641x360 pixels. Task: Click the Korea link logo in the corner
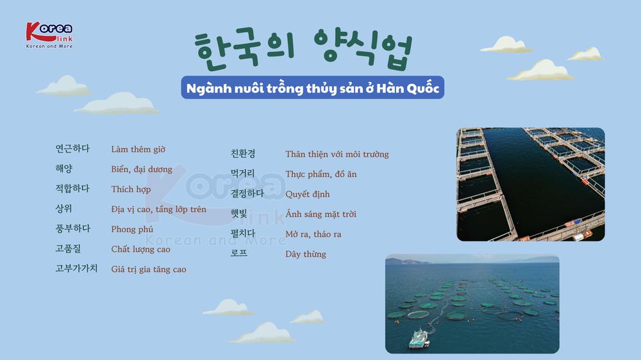coord(49,35)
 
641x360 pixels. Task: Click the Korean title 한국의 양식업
coord(303,48)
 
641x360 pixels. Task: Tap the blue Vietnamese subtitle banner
coord(313,88)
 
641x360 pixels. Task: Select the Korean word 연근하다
coord(72,149)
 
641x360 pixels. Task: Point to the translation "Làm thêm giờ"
coord(138,149)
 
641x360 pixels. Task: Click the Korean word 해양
coord(63,168)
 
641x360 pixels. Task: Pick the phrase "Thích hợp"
coord(131,189)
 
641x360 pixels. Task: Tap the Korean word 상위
coord(63,208)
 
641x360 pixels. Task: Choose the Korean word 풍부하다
coord(73,229)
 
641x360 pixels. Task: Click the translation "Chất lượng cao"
coord(140,249)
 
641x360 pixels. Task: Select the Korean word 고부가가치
coord(76,268)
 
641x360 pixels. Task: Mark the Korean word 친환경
coord(243,154)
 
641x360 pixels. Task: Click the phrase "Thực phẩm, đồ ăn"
coord(321,174)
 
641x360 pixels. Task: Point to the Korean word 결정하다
coord(247,193)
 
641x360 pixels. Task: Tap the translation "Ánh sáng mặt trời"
coord(321,214)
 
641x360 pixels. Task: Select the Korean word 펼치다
coord(243,233)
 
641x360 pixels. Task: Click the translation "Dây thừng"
coord(306,254)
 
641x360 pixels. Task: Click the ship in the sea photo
coord(419,338)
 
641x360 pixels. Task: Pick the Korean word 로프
coord(238,253)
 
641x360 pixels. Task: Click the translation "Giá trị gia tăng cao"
coord(149,269)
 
